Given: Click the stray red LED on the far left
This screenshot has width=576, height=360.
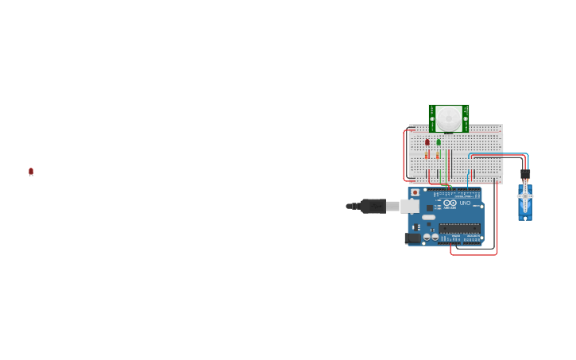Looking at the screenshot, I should (31, 171).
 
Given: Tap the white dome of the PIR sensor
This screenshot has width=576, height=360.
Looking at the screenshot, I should (449, 118).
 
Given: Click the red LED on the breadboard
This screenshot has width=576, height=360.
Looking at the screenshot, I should (427, 142).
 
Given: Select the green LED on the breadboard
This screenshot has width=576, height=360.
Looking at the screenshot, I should (439, 142).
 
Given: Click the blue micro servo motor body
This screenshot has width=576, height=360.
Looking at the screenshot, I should (524, 207).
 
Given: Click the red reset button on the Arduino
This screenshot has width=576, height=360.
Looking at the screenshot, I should (415, 192).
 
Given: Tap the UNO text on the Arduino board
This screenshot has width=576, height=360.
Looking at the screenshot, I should (466, 203).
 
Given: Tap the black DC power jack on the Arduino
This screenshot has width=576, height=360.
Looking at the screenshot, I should (412, 238).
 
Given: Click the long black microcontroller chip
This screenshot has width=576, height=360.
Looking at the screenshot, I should (459, 228).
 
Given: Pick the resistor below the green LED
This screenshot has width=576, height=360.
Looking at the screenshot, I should (438, 155).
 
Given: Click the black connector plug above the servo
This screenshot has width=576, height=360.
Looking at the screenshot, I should (525, 174).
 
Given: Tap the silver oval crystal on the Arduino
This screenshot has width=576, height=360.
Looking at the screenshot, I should (429, 217).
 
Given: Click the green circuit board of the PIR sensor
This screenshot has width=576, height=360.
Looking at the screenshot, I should (433, 118).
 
